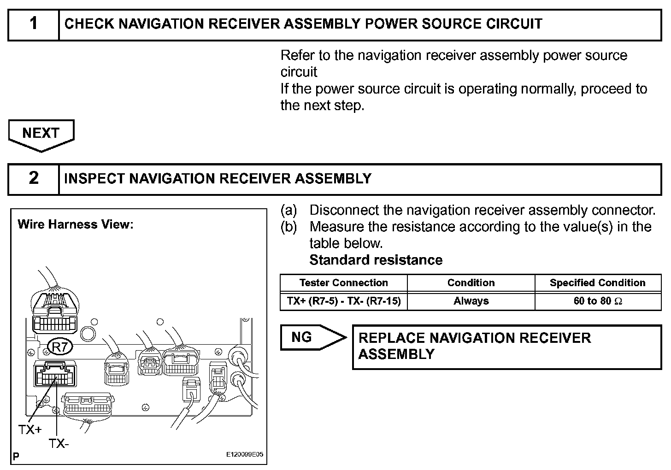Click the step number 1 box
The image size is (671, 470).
pyautogui.click(x=34, y=24)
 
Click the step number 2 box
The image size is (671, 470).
pyautogui.click(x=34, y=178)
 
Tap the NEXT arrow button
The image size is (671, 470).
pyautogui.click(x=41, y=134)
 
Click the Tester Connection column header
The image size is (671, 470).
pyautogui.click(x=343, y=283)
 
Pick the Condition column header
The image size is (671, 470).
pyautogui.click(x=471, y=283)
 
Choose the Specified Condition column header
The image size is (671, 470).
pyautogui.click(x=597, y=283)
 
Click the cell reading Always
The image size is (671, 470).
pyautogui.click(x=471, y=301)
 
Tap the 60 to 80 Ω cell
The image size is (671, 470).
pyautogui.click(x=597, y=301)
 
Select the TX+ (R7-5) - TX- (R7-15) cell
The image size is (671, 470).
pyautogui.click(x=343, y=301)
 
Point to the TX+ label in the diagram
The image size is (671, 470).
pyautogui.click(x=30, y=429)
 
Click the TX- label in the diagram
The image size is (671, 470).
pyautogui.click(x=59, y=444)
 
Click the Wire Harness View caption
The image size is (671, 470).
pyautogui.click(x=75, y=224)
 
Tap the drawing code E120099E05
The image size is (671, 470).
pyautogui.click(x=244, y=454)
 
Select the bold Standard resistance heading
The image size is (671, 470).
pyautogui.click(x=376, y=260)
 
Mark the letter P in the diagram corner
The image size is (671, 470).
pyautogui.click(x=16, y=457)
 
